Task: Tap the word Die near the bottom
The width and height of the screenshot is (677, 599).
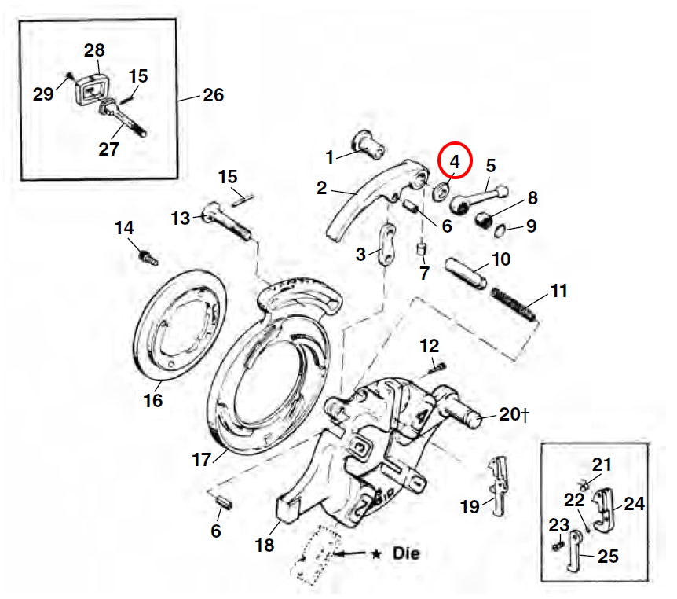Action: (405, 553)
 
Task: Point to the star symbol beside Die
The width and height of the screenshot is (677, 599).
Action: (377, 554)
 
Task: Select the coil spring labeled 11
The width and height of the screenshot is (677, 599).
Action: (514, 303)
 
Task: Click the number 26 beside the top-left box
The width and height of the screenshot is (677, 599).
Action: (213, 95)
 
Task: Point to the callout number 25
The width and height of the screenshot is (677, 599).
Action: (608, 557)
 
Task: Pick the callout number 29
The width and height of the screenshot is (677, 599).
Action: (43, 94)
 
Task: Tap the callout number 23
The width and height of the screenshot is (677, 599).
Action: (558, 524)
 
